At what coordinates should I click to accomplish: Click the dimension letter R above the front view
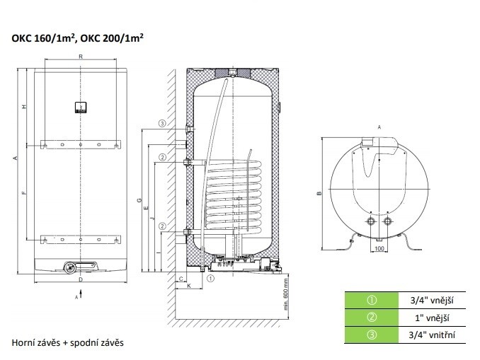coord(81,57)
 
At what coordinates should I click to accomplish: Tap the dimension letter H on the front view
coord(25,107)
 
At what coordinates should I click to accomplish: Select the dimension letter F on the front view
coord(25,192)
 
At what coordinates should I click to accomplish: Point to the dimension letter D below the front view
coord(81,279)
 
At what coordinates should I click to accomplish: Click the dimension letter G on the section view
coord(139,201)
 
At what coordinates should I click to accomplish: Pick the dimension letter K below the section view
coord(189,286)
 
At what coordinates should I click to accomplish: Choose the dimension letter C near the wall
coord(181,279)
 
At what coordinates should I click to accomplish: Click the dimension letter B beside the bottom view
coord(319,193)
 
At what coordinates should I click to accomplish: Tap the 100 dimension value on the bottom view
coord(379,249)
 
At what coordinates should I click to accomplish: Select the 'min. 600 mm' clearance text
coord(286,294)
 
